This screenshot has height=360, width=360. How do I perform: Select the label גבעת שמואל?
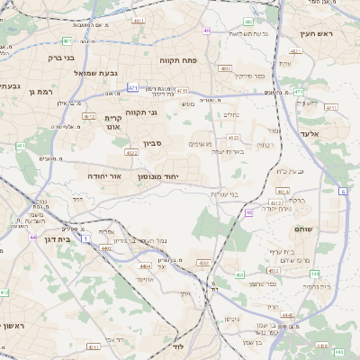click(x=72, y=73)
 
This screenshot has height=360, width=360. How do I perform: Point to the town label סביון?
click(x=151, y=142)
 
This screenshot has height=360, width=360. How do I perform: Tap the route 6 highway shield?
click(x=343, y=192)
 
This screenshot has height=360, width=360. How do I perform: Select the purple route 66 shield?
click(x=248, y=212)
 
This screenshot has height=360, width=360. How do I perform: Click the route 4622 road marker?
click(x=132, y=153)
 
